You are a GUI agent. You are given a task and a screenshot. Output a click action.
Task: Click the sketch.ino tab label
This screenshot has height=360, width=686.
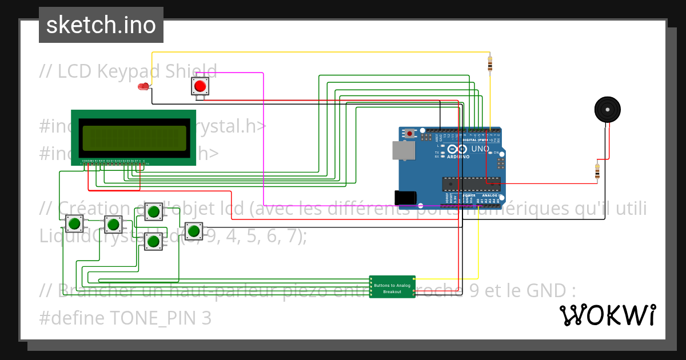coord(101,25)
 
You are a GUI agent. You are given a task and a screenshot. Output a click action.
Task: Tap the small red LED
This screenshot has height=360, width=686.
coord(143,87)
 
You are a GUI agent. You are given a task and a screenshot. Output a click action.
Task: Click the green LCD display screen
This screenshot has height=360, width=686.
coord(134,138)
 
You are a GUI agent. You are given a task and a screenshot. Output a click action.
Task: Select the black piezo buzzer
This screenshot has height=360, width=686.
coord(607,109)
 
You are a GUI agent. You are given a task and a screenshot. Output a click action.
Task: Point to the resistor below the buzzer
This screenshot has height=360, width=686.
coord(597,171)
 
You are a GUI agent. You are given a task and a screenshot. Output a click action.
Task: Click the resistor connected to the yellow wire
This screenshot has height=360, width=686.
coord(489,64)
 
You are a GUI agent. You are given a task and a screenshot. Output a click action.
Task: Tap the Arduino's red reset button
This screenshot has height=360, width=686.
coord(409,134)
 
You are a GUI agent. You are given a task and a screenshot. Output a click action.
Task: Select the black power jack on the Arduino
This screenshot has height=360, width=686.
coord(405,197)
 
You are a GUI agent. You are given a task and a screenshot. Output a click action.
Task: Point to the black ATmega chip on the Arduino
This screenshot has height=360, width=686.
coord(471,183)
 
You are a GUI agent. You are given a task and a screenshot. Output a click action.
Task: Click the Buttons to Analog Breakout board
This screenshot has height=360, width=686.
coord(392,286)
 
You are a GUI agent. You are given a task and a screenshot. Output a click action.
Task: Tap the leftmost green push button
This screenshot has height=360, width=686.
coord(74,223)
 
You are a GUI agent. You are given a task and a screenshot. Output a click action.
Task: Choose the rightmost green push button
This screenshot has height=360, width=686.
coord(194,231)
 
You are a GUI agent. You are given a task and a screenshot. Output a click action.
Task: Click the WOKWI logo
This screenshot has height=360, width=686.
coord(607,315)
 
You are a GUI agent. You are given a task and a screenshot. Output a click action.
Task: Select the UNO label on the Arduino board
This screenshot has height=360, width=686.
coord(480,149)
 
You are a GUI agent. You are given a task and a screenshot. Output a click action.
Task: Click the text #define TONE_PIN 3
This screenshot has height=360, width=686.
coord(125,318)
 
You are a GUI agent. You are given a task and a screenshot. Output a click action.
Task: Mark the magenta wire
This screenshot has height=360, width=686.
coord(263,143)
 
